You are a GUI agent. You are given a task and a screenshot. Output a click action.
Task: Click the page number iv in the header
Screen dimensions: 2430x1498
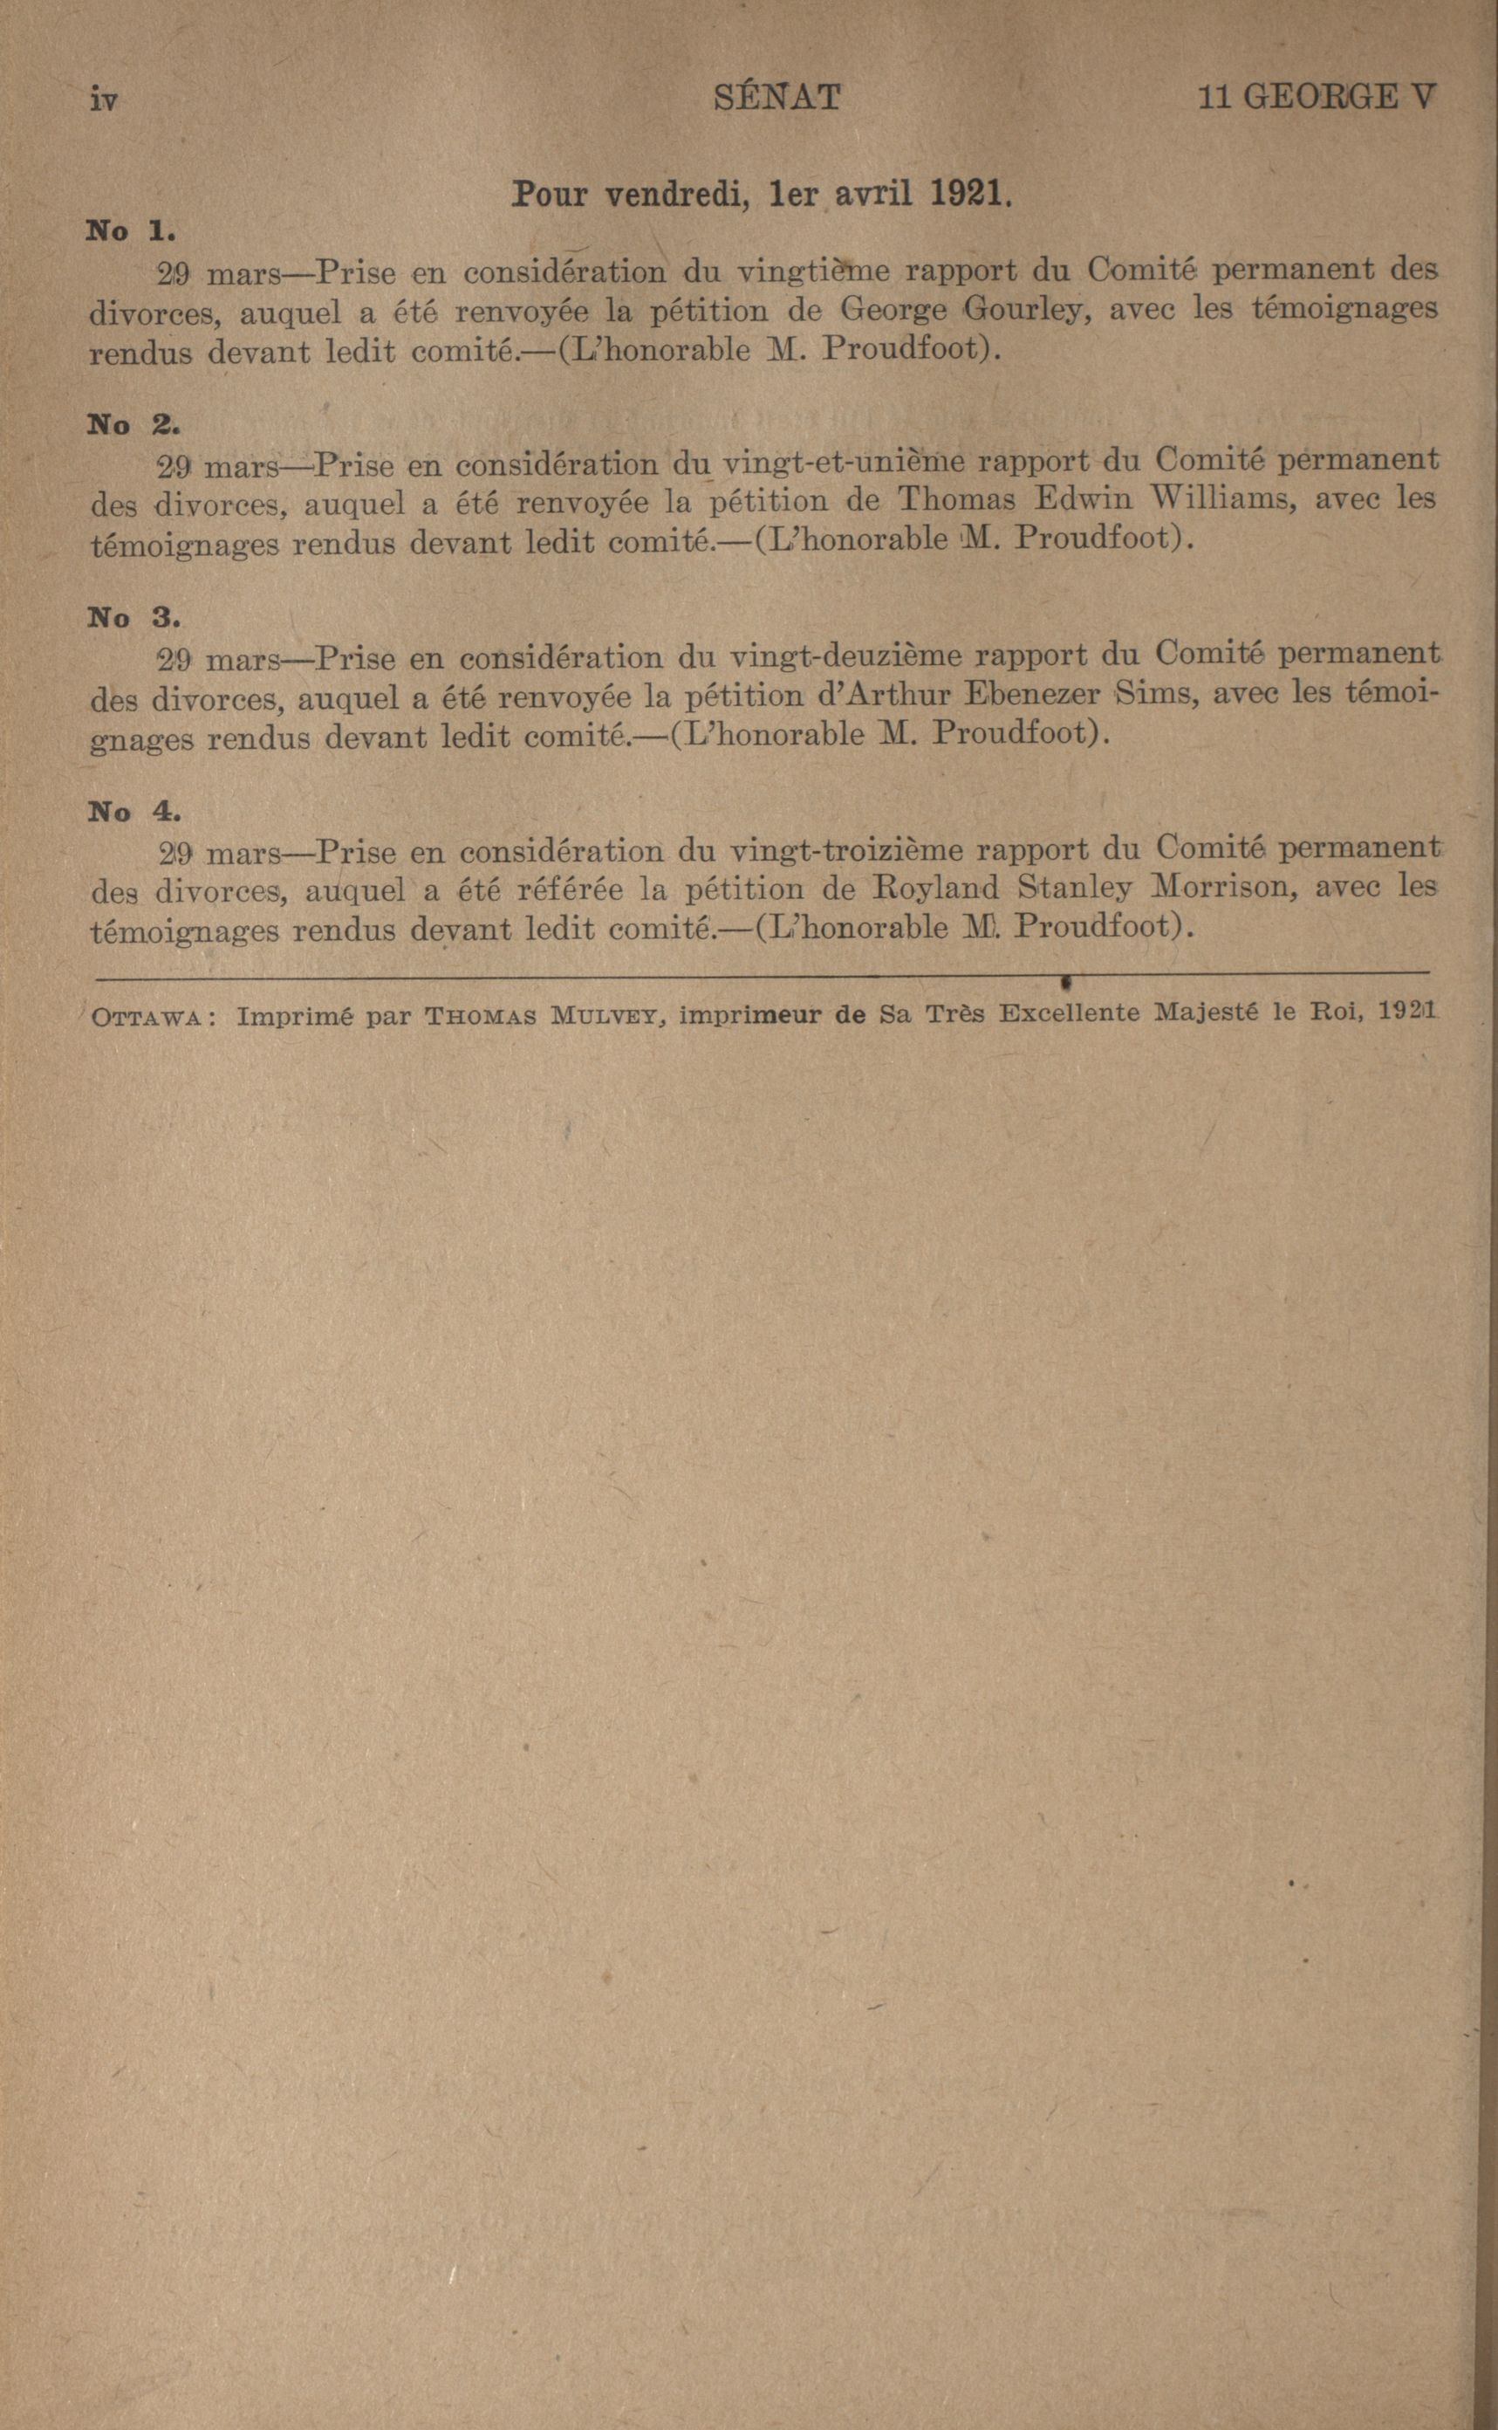click(104, 100)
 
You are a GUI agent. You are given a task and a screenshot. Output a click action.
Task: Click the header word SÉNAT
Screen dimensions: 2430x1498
click(776, 97)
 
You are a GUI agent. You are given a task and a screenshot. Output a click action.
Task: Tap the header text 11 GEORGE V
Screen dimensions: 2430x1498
click(1316, 97)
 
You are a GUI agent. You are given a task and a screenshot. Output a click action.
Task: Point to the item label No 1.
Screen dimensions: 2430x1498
click(131, 232)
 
